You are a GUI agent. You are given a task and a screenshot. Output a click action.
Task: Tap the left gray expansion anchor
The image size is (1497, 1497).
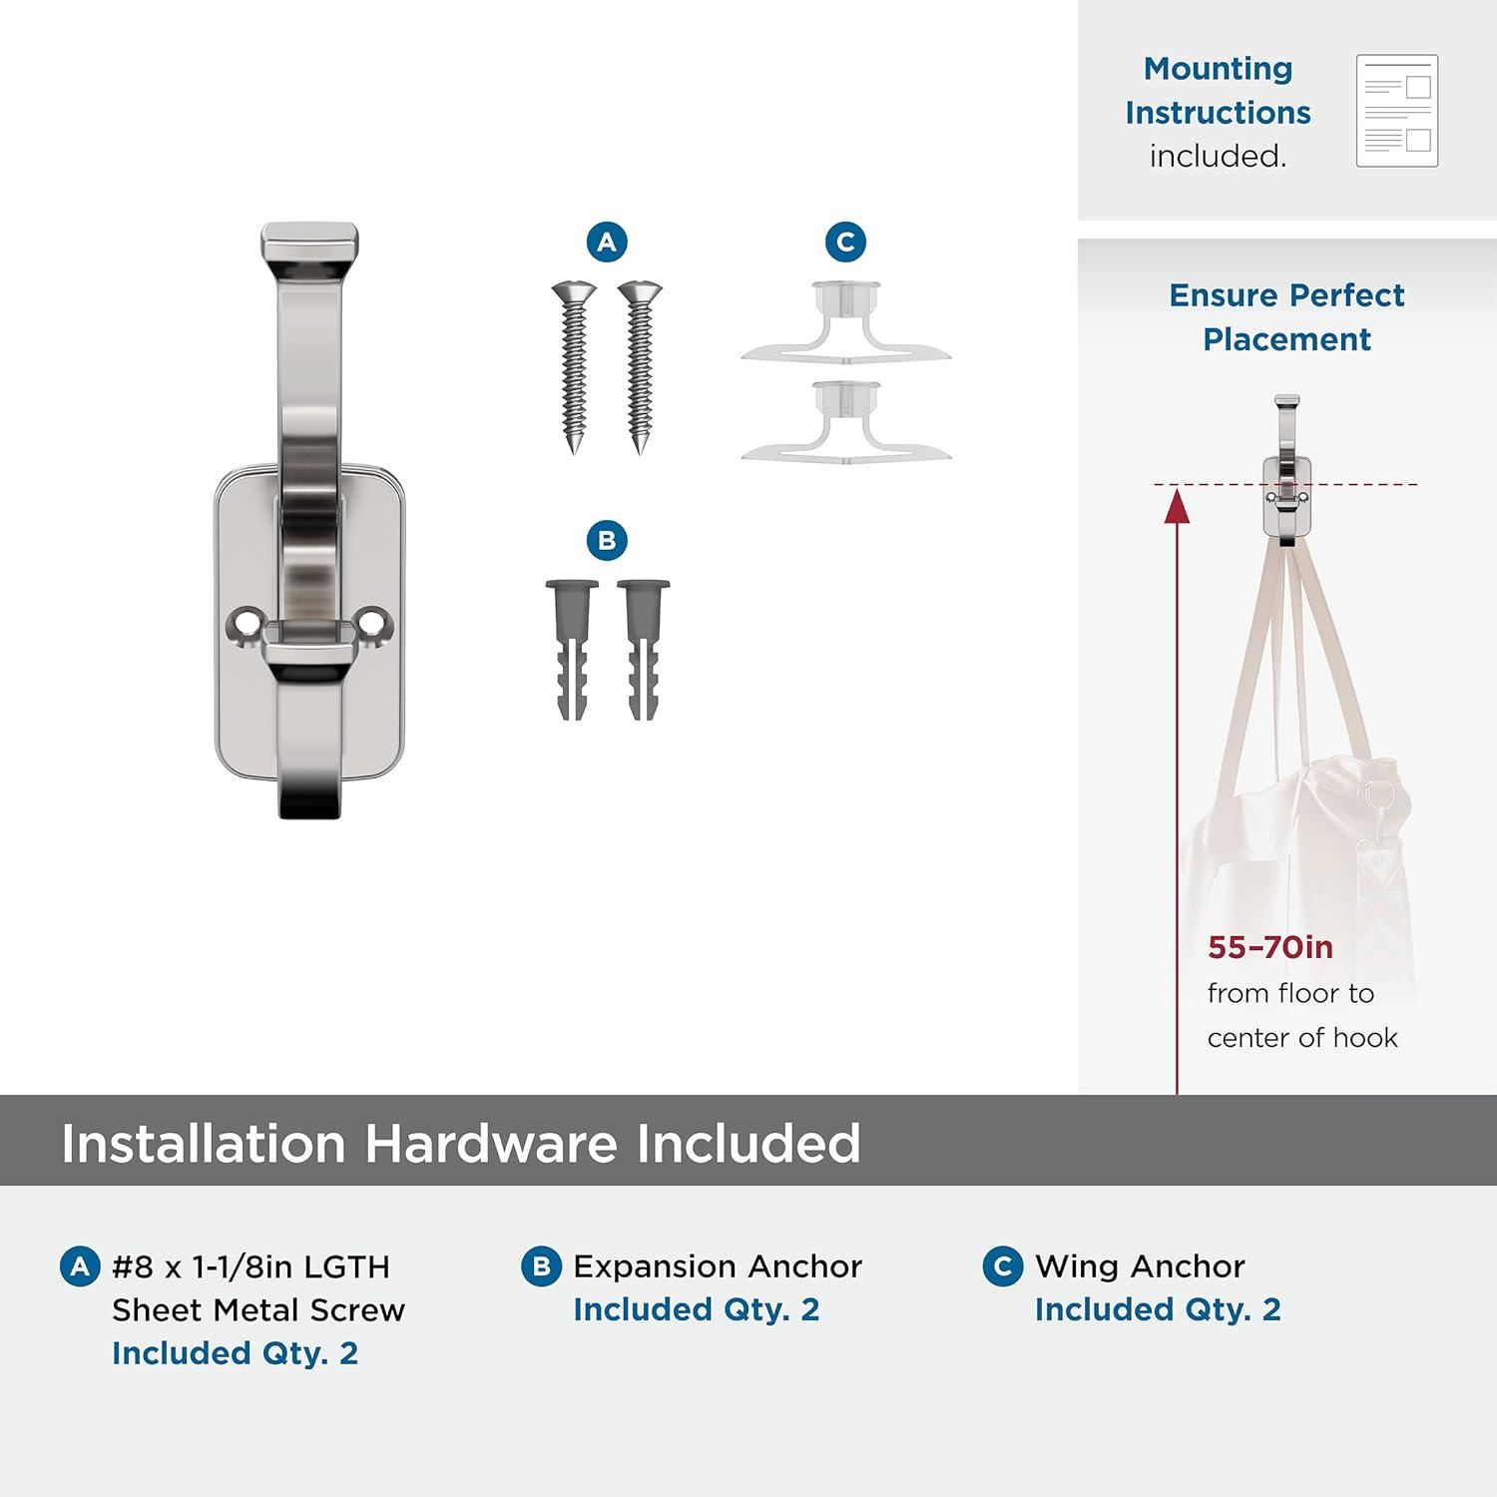tap(573, 650)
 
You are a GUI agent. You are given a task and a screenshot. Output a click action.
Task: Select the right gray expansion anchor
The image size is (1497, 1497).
tap(644, 650)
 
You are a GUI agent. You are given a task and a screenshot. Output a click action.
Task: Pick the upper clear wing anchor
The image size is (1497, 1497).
tap(846, 324)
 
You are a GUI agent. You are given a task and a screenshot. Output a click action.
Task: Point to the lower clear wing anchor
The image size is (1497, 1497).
tap(846, 423)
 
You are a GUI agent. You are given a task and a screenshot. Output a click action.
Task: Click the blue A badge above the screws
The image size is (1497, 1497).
tap(607, 242)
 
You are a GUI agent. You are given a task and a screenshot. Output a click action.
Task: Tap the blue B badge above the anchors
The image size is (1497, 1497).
tap(607, 540)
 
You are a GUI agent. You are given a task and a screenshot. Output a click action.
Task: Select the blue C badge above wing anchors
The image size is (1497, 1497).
tap(845, 242)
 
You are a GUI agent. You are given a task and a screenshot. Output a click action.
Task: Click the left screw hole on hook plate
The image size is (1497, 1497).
tap(242, 622)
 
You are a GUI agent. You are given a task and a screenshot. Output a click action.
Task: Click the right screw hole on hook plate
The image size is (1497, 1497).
tap(372, 622)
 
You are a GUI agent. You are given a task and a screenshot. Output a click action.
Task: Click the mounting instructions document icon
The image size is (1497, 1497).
tap(1397, 111)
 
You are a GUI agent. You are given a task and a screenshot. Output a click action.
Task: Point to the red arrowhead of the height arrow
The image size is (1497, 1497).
tap(1178, 505)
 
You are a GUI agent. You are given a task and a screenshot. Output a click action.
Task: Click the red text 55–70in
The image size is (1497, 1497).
tap(1270, 947)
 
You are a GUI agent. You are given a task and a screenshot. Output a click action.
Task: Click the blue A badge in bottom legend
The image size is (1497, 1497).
tap(80, 1266)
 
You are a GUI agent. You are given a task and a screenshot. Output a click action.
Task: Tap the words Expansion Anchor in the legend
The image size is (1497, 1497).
tap(718, 1266)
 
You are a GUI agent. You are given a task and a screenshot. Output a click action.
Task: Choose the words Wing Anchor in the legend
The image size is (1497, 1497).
tap(1140, 1266)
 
